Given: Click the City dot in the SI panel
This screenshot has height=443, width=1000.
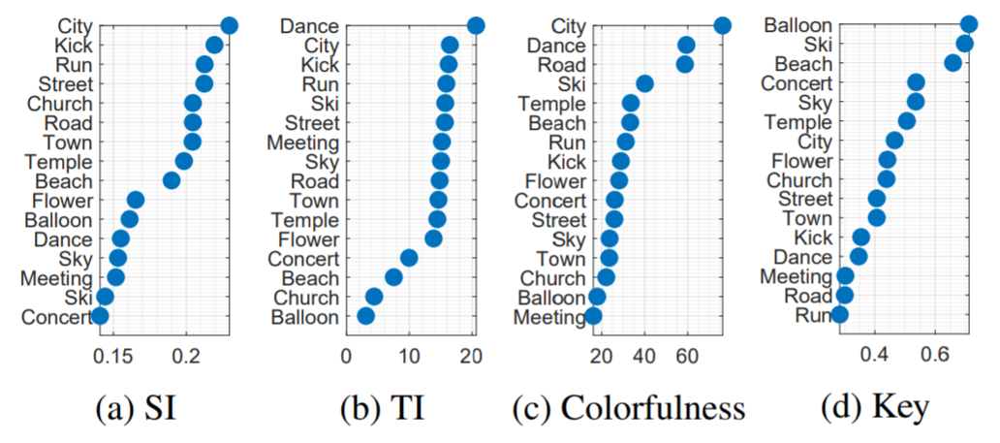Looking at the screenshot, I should pos(229,26).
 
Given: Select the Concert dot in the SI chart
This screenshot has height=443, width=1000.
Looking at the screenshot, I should pos(100,316).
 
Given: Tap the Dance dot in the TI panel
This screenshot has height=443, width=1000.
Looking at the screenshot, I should pos(475,26).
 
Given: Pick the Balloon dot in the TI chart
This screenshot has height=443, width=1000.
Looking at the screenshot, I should pos(365,316).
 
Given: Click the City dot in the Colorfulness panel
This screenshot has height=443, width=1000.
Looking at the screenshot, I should pos(722,26).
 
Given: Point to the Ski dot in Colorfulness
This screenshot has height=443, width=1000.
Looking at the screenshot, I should pos(644,84).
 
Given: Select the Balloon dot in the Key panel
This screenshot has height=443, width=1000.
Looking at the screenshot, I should pos(969,24).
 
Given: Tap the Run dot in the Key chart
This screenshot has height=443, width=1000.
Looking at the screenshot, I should pos(839,314).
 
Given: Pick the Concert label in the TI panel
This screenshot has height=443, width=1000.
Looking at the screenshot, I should pos(304,259).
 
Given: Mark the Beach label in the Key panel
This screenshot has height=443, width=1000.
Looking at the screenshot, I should pos(803,64).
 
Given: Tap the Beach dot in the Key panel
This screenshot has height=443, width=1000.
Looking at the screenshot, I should pos(953,63).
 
